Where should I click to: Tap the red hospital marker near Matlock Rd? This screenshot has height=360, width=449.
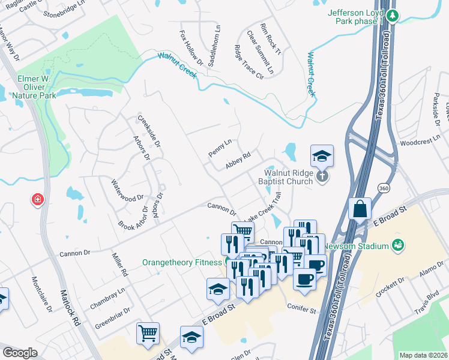(38, 199)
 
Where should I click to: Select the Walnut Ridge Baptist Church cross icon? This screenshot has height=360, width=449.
(323, 176)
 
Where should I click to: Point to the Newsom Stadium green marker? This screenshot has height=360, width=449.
(397, 244)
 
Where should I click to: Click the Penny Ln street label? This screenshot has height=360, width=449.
(219, 148)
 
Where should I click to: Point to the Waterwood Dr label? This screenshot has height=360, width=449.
(128, 188)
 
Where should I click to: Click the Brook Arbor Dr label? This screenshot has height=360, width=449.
(134, 221)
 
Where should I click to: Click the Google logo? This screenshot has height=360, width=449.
(20, 353)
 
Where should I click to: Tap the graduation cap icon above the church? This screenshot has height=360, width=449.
(322, 156)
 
